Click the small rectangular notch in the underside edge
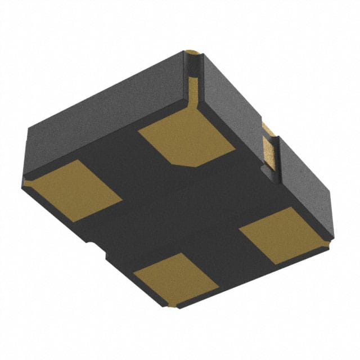click(x=98, y=247)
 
